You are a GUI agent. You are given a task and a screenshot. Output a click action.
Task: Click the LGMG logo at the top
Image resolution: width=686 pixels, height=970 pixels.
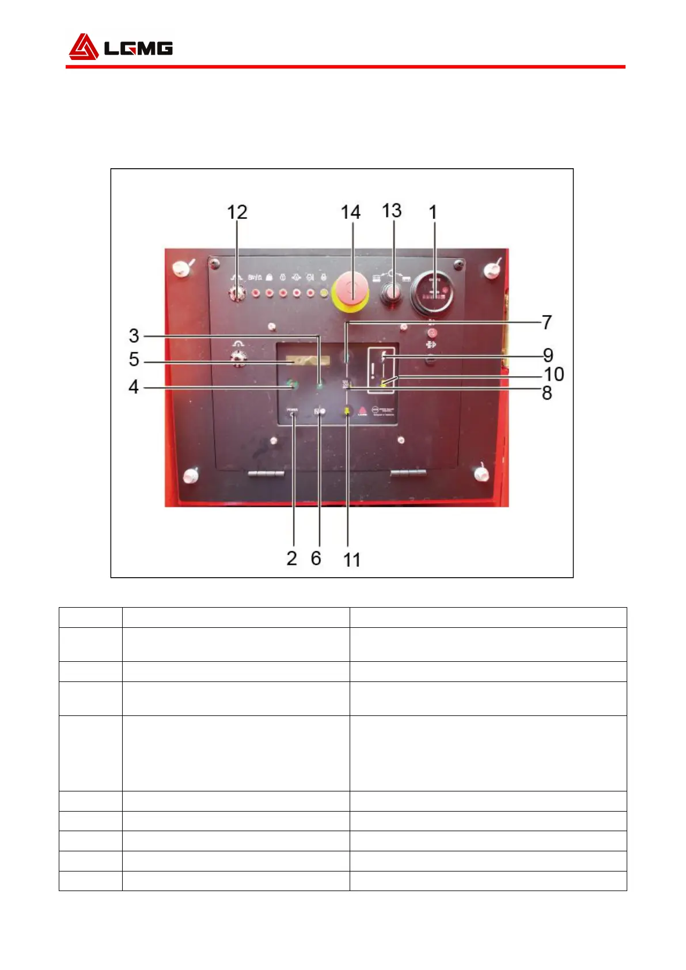[x=120, y=47]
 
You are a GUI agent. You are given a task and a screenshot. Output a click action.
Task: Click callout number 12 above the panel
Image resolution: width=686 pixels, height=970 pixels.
[x=237, y=212]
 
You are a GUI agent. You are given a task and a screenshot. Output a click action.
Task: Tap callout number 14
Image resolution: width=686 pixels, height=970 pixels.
[x=350, y=212]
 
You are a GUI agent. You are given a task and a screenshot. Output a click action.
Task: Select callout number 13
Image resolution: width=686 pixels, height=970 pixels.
[x=392, y=210]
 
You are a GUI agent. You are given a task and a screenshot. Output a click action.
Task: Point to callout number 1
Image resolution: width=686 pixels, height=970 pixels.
[x=433, y=212]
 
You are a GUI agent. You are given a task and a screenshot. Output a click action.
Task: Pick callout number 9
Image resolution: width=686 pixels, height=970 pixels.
[x=548, y=355]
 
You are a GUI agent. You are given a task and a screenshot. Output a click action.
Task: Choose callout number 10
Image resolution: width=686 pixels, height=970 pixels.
[x=554, y=374]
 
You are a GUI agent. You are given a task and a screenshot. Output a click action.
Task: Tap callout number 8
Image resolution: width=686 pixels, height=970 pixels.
[x=547, y=393]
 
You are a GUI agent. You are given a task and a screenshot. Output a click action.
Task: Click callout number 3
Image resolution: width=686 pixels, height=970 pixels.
[x=134, y=335]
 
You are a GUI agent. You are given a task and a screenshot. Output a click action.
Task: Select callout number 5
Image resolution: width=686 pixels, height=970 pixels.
[x=134, y=359]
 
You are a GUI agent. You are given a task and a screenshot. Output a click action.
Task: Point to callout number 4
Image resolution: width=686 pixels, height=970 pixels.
[x=134, y=387]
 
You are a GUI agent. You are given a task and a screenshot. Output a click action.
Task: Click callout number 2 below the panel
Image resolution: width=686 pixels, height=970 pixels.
[x=292, y=558]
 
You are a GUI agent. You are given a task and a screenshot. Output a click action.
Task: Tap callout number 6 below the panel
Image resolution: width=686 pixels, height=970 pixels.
[x=316, y=558]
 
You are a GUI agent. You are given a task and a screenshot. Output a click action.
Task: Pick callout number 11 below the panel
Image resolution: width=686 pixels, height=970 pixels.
[x=351, y=559]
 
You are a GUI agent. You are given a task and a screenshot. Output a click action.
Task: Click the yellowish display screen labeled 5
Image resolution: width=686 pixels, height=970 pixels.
[x=308, y=361]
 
